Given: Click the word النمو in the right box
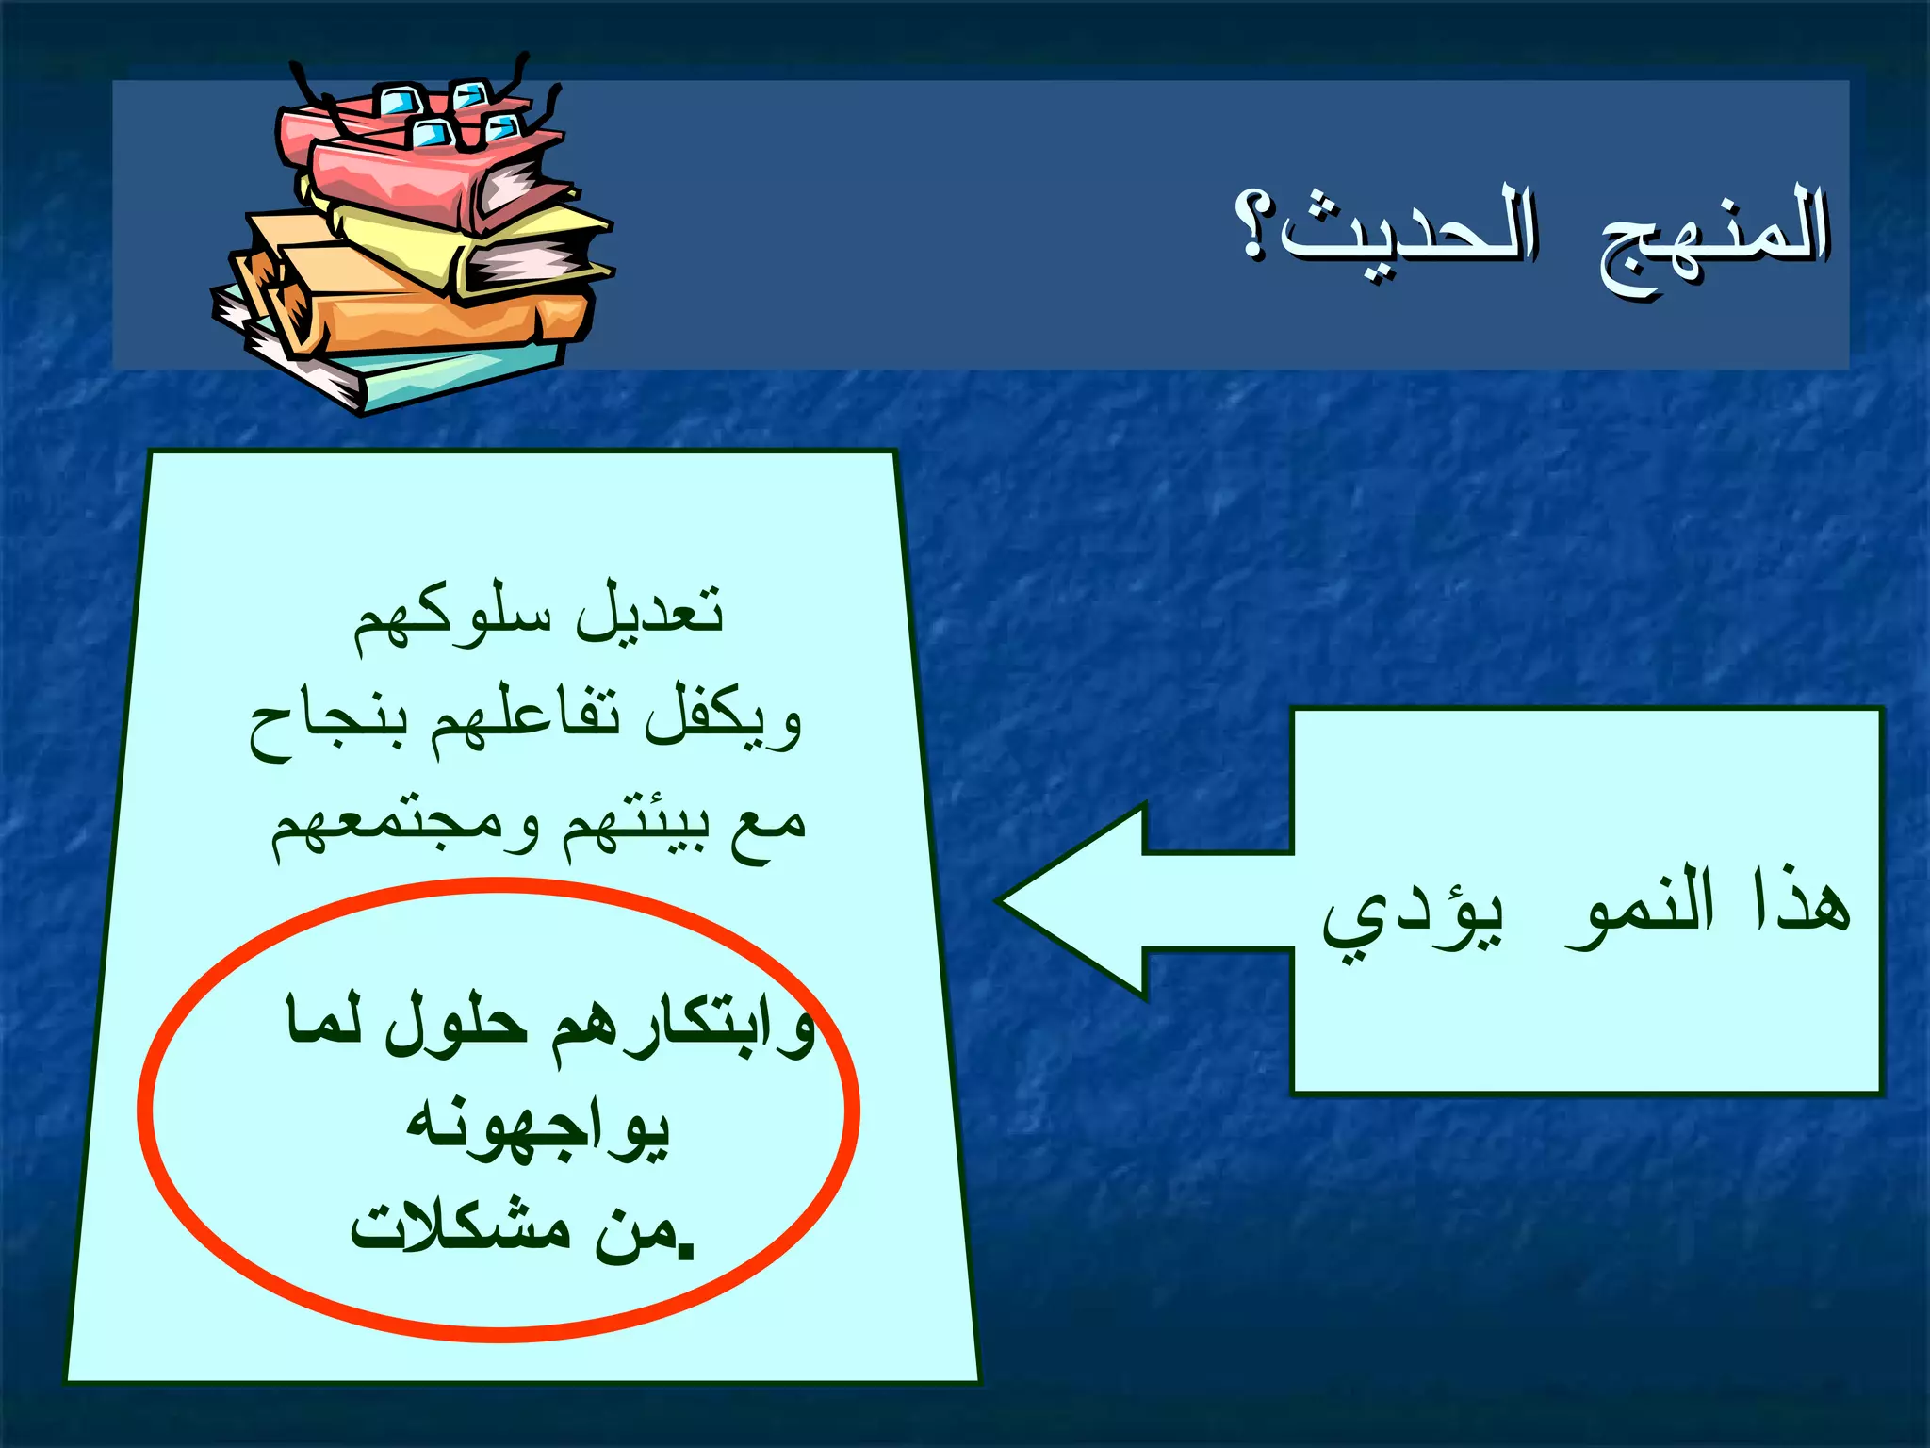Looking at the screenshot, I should point(1639,907).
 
